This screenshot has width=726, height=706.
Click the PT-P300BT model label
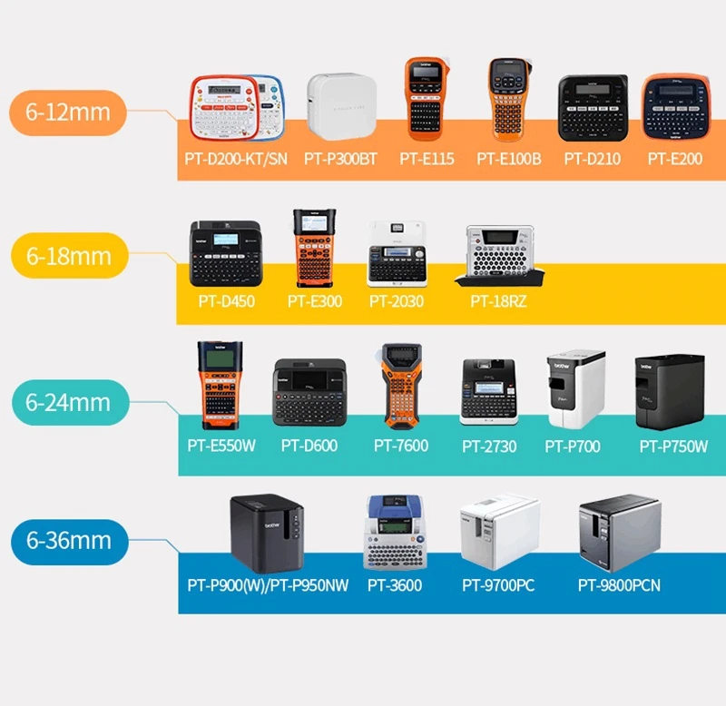(x=340, y=159)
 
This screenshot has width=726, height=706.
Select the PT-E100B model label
(x=509, y=159)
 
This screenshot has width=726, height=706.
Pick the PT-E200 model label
(x=674, y=159)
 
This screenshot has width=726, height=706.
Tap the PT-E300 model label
(x=315, y=300)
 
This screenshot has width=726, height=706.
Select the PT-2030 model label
(x=396, y=300)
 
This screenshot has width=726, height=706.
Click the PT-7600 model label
(x=401, y=446)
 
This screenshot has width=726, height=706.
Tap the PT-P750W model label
(x=673, y=446)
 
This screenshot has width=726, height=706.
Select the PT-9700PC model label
(x=498, y=585)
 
